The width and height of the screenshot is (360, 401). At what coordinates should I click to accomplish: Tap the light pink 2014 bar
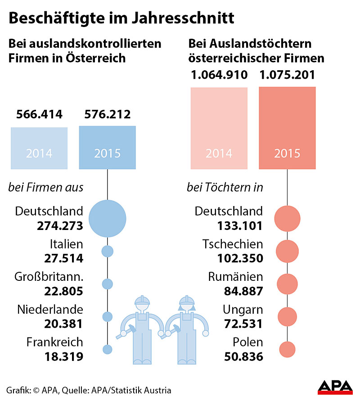pos(219,128)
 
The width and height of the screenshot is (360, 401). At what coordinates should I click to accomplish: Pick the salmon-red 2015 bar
pos(287,128)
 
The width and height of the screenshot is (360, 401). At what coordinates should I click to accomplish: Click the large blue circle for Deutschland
pos(107,218)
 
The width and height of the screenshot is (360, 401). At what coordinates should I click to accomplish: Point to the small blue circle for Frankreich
pos(107,349)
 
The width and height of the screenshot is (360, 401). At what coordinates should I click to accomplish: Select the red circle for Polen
pos(287,349)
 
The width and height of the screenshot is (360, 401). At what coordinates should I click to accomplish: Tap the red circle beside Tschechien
pos(287,251)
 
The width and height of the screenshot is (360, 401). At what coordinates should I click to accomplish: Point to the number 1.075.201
pos(287,74)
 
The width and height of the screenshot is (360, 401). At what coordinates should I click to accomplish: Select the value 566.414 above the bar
pos(39,114)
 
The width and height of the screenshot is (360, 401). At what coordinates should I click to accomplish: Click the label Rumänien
pos(235,277)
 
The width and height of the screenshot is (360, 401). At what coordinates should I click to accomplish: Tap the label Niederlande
pos(50,310)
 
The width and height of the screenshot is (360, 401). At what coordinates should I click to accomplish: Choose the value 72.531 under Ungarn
pos(243,324)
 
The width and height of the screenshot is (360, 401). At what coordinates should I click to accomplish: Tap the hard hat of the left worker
pos(142,300)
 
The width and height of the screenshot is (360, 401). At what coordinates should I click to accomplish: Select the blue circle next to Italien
pos(107,251)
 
